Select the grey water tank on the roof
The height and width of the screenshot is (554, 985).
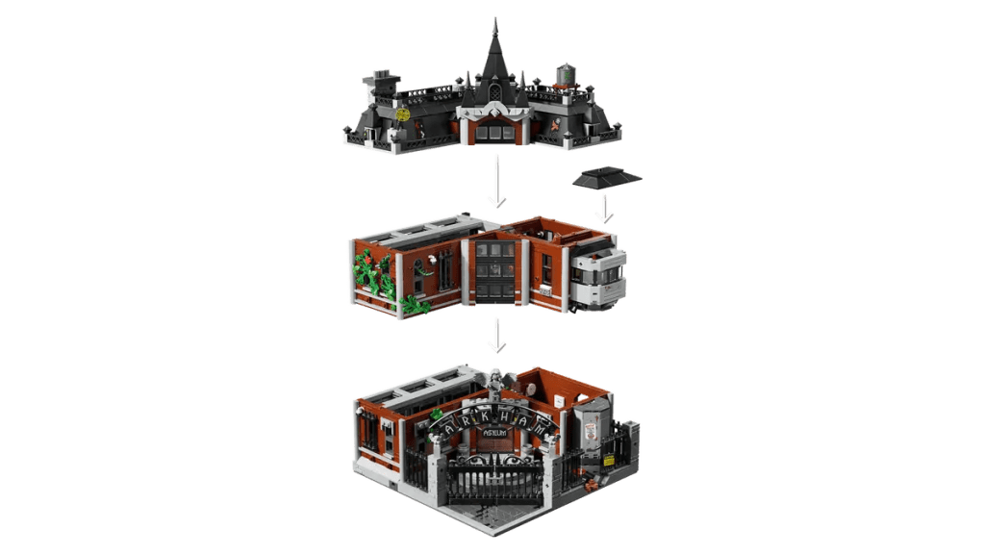click(x=566, y=75)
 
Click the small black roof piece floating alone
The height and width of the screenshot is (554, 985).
click(x=604, y=176)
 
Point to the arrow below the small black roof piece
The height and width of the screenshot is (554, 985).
click(x=603, y=207)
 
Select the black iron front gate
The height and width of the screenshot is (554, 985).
click(x=495, y=487)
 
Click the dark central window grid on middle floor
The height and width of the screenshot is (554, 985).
click(x=497, y=272)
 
